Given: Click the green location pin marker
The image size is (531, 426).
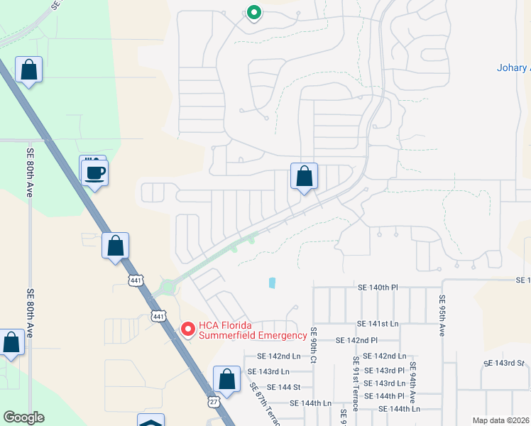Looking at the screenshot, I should point(253,13).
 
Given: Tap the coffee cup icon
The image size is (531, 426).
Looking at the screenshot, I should point(94,172).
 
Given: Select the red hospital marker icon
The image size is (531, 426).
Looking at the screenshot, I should point(188,329).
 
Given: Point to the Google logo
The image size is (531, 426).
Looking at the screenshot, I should point(23,417).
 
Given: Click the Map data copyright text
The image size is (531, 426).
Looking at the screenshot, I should point(501,420).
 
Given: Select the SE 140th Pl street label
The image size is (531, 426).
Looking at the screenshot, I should point(379,288).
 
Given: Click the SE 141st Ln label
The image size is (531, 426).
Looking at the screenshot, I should point(379,323).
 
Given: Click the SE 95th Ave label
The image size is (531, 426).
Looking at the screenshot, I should point(442,315).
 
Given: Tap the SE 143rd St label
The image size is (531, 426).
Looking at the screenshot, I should point(503,363).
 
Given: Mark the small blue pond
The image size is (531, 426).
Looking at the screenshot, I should point(273,283).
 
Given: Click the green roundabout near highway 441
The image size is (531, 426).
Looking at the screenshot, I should point(168,287).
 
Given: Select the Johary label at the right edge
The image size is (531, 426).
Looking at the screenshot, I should point(513,68).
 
